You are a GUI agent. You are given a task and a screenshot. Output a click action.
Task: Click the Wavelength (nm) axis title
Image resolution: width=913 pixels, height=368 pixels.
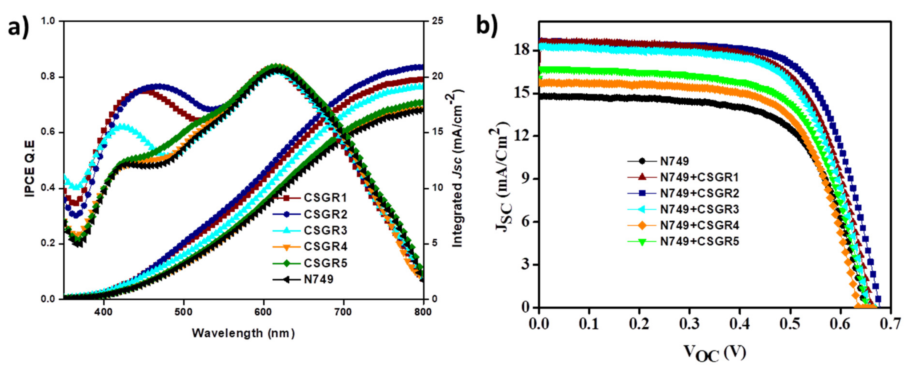click(243, 333)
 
